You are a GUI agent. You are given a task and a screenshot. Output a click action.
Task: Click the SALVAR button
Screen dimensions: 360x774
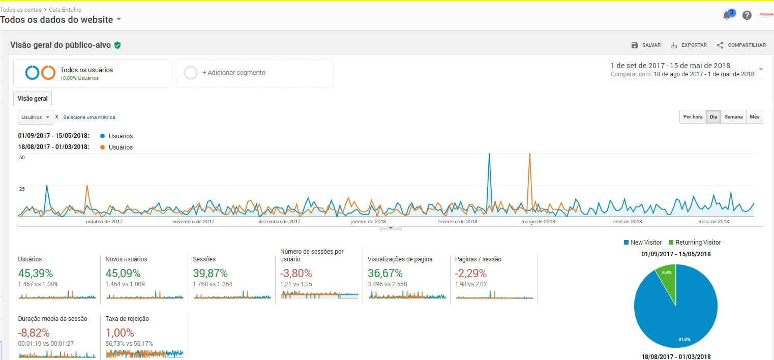646,45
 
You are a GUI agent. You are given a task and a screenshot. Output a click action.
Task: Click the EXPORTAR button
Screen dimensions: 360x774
689,45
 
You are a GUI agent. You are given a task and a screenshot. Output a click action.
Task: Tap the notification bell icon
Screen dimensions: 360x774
727,15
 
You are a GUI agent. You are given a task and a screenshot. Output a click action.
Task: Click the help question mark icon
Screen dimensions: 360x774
747,15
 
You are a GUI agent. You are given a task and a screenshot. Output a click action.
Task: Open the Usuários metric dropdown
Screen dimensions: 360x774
36,117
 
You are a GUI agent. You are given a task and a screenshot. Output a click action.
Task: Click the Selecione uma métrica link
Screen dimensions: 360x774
89,117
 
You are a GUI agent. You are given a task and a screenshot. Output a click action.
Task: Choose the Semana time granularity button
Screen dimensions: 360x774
733,117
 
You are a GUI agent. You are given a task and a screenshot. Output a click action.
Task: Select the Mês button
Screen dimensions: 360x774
754,117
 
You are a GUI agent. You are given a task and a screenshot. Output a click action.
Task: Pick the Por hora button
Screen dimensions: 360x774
693,117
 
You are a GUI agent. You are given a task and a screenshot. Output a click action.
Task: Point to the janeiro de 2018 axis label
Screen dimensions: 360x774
368,222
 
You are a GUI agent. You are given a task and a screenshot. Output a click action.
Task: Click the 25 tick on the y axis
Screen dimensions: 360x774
22,189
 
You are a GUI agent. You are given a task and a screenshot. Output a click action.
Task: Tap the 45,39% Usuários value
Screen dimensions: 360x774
36,273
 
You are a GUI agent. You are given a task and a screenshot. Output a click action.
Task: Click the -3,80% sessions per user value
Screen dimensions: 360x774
296,273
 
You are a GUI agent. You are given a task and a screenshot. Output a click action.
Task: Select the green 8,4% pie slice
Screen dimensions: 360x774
667,277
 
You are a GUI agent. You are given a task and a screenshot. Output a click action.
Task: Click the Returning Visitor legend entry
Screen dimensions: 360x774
695,243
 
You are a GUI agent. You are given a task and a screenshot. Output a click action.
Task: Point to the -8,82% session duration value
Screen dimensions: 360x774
34,333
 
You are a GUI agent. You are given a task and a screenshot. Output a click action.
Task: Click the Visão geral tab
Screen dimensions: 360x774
33,99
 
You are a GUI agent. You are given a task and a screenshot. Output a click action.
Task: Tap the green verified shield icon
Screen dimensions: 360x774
117,45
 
